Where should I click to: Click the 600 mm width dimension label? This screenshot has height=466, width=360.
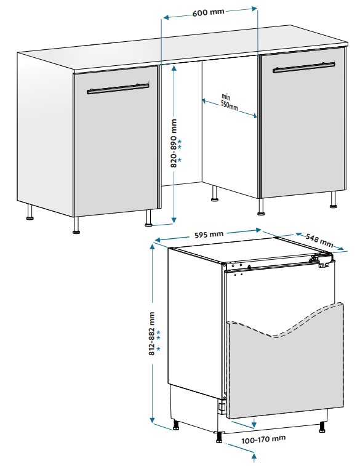208,13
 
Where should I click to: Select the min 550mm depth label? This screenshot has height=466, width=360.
229,102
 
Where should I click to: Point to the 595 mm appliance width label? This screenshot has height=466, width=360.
209,235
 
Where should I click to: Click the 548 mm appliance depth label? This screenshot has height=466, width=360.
319,240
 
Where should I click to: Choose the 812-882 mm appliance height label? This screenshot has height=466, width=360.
152,334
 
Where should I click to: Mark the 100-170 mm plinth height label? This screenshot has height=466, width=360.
263,440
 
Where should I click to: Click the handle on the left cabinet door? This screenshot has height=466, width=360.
118,89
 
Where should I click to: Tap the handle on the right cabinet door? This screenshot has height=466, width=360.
304,67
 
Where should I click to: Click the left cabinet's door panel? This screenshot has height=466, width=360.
116,142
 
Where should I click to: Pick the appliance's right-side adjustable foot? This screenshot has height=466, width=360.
322,427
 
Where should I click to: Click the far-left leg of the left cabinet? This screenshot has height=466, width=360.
30,212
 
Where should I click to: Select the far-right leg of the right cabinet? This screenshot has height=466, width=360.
334,199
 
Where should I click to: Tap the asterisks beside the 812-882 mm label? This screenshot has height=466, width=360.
158,340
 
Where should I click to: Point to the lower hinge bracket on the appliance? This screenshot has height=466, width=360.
222,406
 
